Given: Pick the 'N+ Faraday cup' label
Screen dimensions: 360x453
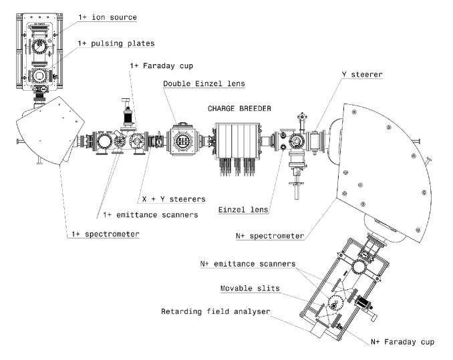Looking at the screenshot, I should pyautogui.click(x=403, y=341).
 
